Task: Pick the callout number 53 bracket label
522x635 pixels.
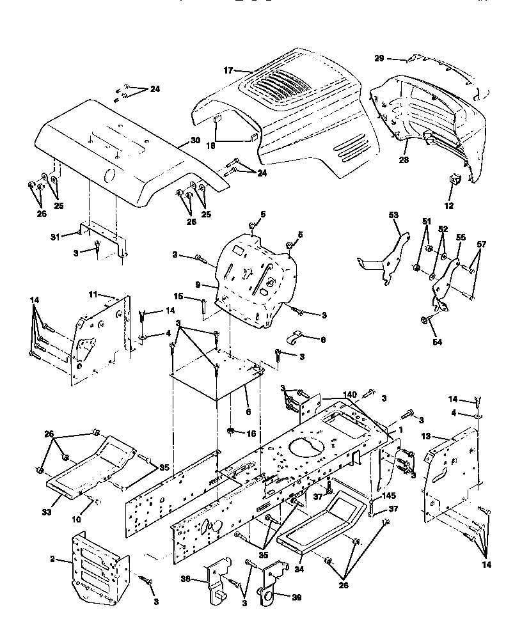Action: coord(393,216)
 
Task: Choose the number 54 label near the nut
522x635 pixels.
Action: coord(437,342)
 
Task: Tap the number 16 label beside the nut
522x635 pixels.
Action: coord(251,434)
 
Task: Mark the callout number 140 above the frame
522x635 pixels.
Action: coord(350,396)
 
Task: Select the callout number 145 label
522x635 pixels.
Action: coord(388,496)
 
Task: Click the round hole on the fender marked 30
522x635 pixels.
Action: coord(109,175)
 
